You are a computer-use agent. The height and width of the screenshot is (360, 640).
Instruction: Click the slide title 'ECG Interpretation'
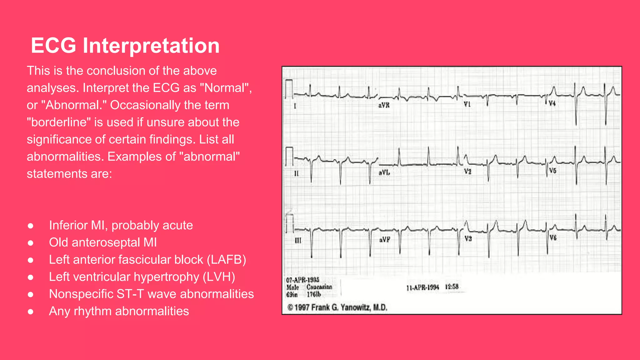click(125, 46)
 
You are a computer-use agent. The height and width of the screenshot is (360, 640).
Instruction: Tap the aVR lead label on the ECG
click(384, 105)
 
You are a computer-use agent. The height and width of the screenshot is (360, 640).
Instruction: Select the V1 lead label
click(467, 104)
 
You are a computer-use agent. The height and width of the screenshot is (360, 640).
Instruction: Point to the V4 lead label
click(552, 103)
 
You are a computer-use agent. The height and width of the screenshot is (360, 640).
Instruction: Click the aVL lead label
click(384, 172)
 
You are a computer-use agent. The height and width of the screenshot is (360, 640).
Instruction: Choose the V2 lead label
click(467, 171)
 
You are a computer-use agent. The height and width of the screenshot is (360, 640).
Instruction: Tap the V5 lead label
click(552, 171)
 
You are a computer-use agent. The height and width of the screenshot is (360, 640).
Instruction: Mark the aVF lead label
click(384, 240)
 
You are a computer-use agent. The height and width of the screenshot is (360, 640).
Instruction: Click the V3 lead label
click(468, 239)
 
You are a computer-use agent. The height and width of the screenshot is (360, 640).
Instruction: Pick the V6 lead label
click(553, 238)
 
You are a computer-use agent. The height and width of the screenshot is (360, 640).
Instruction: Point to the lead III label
click(298, 240)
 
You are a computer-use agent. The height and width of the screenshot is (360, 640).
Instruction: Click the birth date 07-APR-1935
click(302, 280)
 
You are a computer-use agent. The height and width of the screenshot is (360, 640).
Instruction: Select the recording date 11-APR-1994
click(422, 287)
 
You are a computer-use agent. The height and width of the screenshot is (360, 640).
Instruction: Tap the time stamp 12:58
click(452, 287)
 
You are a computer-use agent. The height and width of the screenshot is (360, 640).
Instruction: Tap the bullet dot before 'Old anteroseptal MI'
click(30, 243)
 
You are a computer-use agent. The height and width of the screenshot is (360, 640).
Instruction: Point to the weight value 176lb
click(314, 294)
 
